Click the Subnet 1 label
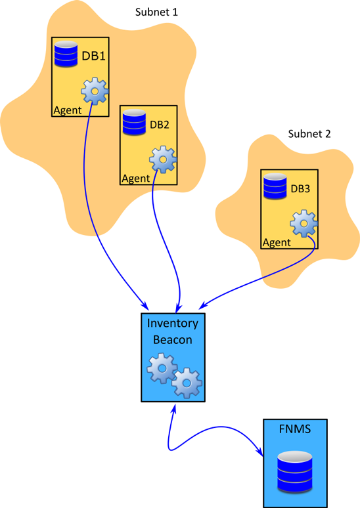click(156, 12)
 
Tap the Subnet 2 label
click(309, 134)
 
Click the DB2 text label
click(160, 125)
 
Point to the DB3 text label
click(300, 188)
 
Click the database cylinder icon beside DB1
click(66, 54)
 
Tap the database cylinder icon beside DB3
click(274, 186)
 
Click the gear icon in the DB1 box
click(95, 91)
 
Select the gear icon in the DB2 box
click(163, 159)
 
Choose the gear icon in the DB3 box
click(304, 223)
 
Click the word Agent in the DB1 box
click(67, 110)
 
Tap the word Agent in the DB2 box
click(136, 178)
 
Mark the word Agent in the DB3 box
click(277, 243)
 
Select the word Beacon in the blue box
click(172, 339)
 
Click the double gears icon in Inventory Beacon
click(174, 375)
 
